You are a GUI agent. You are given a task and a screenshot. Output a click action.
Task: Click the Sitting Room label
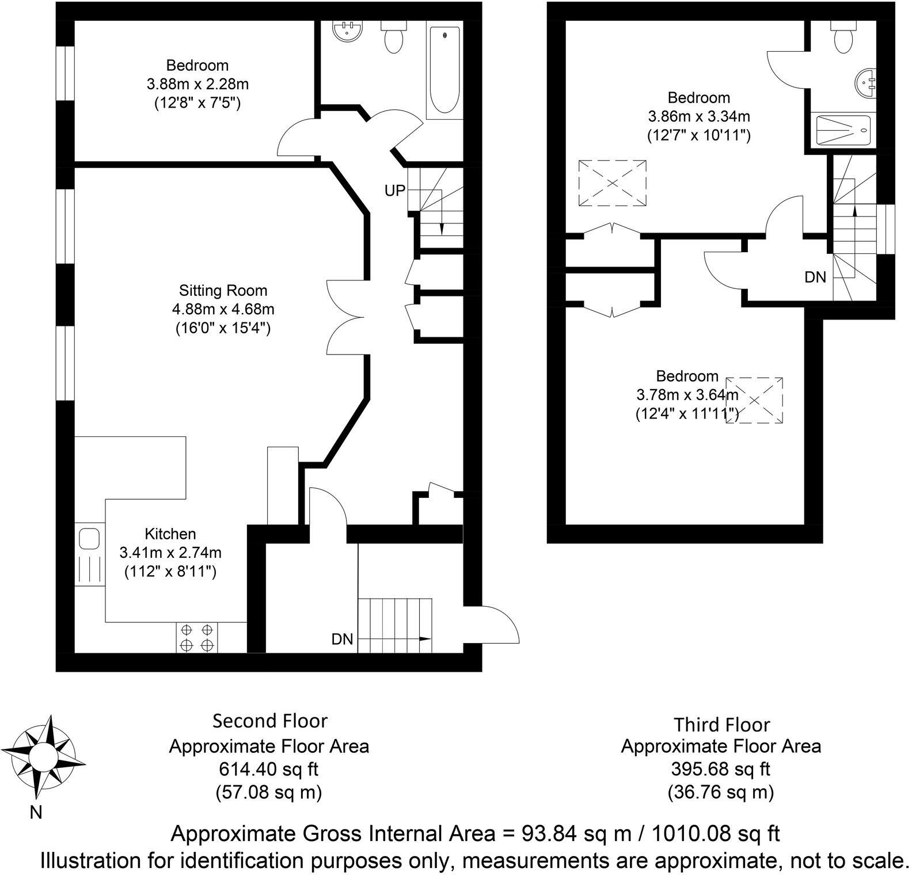[x=223, y=290]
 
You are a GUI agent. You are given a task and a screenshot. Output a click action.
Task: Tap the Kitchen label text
[x=170, y=534]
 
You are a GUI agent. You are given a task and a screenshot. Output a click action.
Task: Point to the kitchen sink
[x=89, y=540]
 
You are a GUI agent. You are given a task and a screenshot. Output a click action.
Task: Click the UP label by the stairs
[x=395, y=191]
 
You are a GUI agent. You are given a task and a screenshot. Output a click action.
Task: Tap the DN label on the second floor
[x=342, y=639]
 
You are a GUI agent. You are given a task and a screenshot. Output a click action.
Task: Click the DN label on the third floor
[x=815, y=277]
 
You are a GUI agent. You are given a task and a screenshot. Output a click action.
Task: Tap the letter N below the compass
[x=36, y=813]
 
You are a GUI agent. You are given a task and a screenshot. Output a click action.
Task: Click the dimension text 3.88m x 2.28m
[x=197, y=84]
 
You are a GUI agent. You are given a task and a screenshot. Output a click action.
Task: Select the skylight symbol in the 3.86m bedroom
[x=612, y=182]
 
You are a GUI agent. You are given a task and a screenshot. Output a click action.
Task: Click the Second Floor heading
[x=269, y=721]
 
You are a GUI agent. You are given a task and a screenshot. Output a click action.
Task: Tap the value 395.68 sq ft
[x=720, y=769]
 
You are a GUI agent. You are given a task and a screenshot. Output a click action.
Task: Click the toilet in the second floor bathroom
[x=394, y=37]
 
